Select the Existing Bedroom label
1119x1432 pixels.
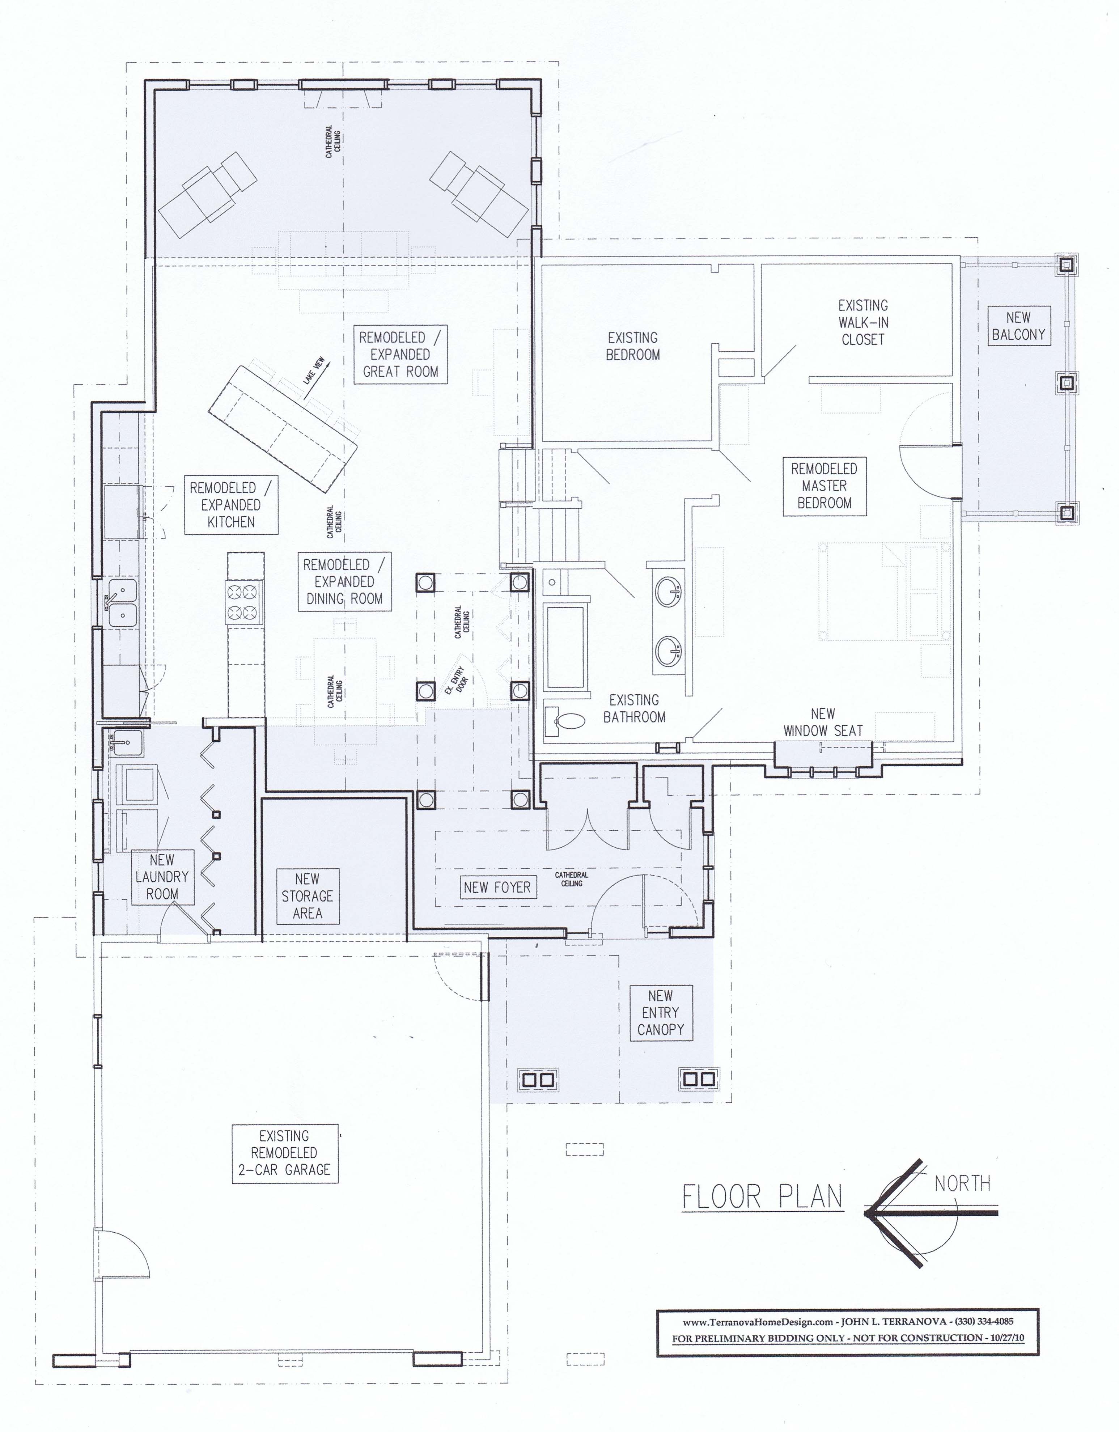633,346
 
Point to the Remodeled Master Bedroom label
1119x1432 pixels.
824,486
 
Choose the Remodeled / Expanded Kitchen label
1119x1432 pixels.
231,504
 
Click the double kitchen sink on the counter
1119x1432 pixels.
122,602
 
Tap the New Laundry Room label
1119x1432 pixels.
162,877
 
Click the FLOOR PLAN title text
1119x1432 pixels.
762,1197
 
